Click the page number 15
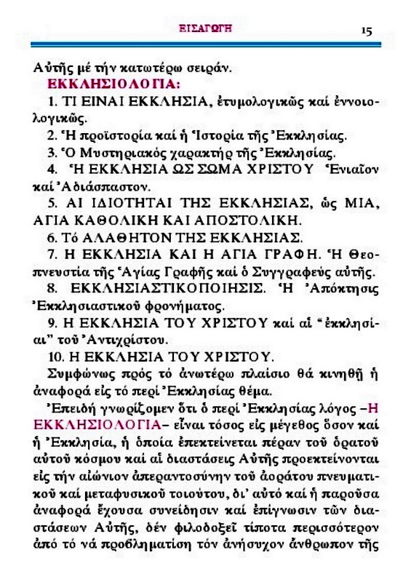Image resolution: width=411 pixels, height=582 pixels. [365, 31]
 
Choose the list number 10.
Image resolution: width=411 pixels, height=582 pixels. [53, 356]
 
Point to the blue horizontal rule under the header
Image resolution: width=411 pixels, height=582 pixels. [205, 46]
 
